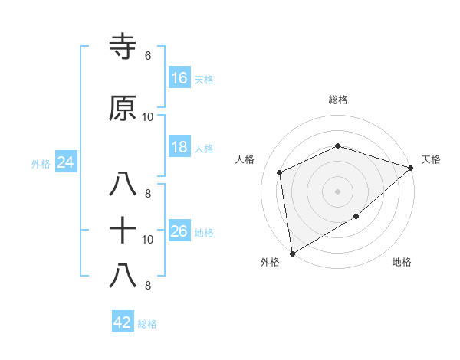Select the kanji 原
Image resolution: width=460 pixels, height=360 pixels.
(123, 109)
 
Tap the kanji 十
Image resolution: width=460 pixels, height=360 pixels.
(123, 231)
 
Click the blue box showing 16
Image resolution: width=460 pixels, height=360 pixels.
(179, 77)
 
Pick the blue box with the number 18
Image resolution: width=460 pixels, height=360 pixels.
(179, 147)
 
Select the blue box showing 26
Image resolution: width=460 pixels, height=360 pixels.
(179, 231)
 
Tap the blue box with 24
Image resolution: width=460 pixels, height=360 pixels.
(66, 162)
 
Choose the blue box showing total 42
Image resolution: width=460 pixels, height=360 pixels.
(123, 322)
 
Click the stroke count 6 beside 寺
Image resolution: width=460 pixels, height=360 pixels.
(147, 56)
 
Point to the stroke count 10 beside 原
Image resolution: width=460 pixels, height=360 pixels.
(148, 117)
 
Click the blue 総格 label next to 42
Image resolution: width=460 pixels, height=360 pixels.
(147, 324)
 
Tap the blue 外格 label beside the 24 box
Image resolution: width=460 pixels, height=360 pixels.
(41, 163)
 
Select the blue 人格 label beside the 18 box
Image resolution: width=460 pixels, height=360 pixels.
(204, 148)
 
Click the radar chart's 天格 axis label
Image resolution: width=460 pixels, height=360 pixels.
(431, 159)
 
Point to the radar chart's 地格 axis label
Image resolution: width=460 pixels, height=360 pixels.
(402, 263)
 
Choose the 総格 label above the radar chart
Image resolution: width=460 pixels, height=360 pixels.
(337, 100)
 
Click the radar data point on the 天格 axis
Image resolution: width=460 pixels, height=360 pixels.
(411, 168)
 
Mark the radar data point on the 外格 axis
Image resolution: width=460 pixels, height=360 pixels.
(292, 253)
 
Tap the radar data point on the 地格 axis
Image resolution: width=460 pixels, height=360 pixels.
(356, 218)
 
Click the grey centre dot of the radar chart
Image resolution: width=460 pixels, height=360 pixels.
(337, 191)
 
